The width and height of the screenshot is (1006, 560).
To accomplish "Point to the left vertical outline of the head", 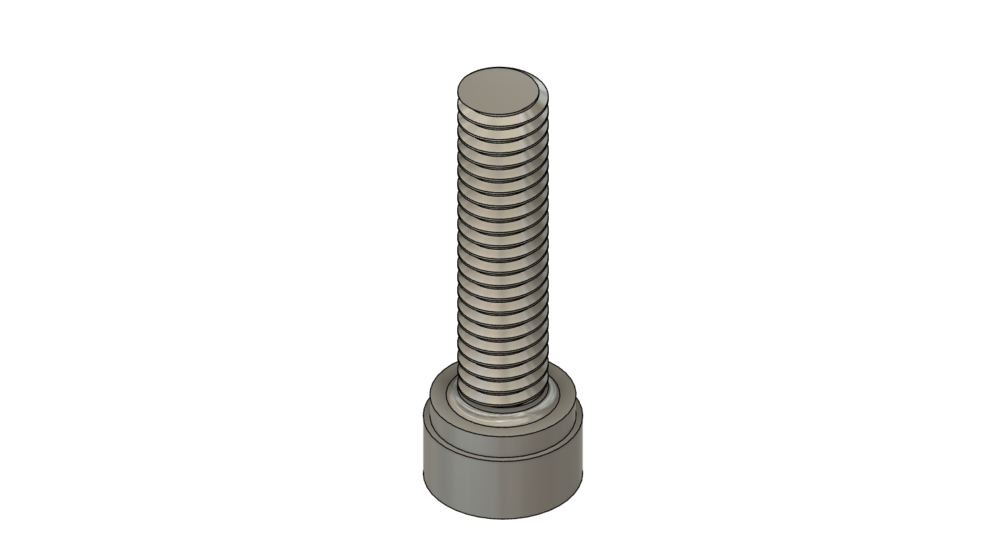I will [x=423, y=451].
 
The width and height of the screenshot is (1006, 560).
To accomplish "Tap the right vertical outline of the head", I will [x=583, y=451].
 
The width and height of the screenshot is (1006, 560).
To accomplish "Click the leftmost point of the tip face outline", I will [x=457, y=91].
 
